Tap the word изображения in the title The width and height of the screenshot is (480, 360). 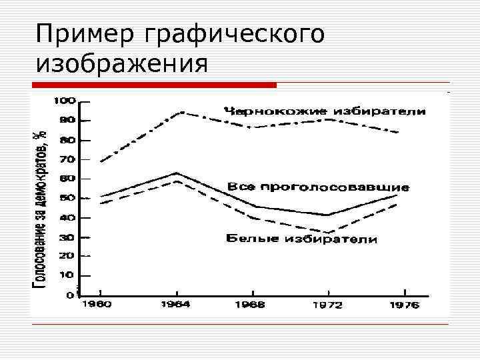click(122, 64)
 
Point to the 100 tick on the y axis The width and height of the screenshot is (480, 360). click(64, 101)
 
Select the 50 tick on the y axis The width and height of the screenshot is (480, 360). click(67, 199)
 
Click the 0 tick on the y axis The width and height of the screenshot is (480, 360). click(70, 294)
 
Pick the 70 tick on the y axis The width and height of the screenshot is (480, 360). click(67, 160)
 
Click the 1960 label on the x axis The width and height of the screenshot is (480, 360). click(97, 305)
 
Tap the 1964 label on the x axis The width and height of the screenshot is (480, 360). click(175, 305)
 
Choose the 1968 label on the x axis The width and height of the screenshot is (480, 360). click(250, 305)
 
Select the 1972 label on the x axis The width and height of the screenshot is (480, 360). click(327, 305)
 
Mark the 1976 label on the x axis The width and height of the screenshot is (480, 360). click(403, 305)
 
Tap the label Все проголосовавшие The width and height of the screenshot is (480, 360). click(318, 187)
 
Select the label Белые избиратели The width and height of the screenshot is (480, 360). click(302, 238)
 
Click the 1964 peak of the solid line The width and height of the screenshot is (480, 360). click(176, 173)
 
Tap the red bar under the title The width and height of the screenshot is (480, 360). click(153, 85)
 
